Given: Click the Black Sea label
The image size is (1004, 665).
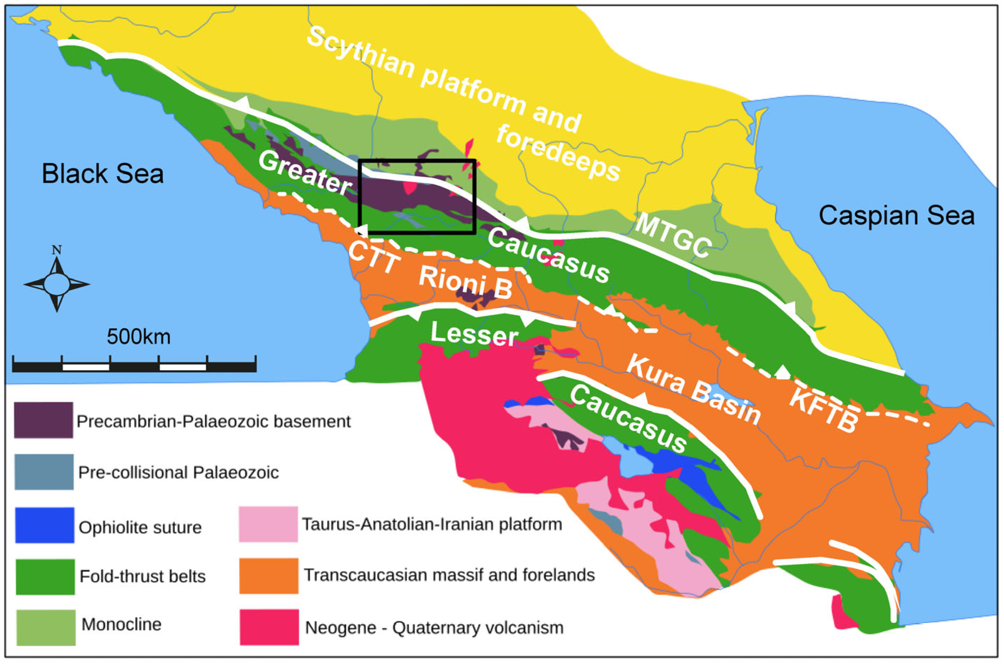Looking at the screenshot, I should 102,174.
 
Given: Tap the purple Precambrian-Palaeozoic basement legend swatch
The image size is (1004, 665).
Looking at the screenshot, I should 43,420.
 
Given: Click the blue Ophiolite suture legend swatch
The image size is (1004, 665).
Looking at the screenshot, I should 44,525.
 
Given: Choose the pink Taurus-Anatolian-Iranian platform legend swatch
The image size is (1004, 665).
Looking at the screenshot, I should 268,524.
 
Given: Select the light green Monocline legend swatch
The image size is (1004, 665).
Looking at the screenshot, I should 46,627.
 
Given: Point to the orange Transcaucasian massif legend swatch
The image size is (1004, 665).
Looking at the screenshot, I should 269,576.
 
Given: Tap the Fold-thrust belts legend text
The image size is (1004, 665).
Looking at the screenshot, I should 142,576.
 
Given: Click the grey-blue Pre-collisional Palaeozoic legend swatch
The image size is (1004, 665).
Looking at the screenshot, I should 44,472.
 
